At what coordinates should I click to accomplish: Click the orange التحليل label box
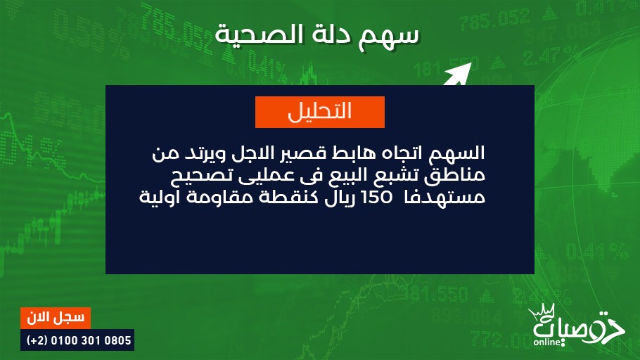point(319,112)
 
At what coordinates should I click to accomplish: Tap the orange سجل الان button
point(56,318)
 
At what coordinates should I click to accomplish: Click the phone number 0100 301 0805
point(91,340)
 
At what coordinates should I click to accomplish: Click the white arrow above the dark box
point(458,74)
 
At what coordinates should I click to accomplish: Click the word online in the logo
point(547,342)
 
